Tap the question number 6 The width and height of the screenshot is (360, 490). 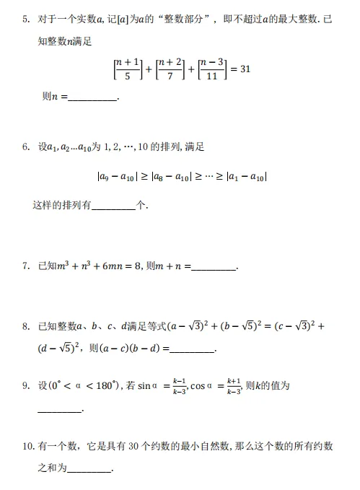tap(25, 147)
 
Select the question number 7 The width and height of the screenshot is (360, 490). tap(25, 266)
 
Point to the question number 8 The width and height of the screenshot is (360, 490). tap(25, 327)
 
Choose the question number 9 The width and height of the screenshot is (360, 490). tap(25, 386)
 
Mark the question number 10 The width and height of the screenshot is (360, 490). tap(27, 447)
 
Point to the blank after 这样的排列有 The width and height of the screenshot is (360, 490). tap(114, 207)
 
